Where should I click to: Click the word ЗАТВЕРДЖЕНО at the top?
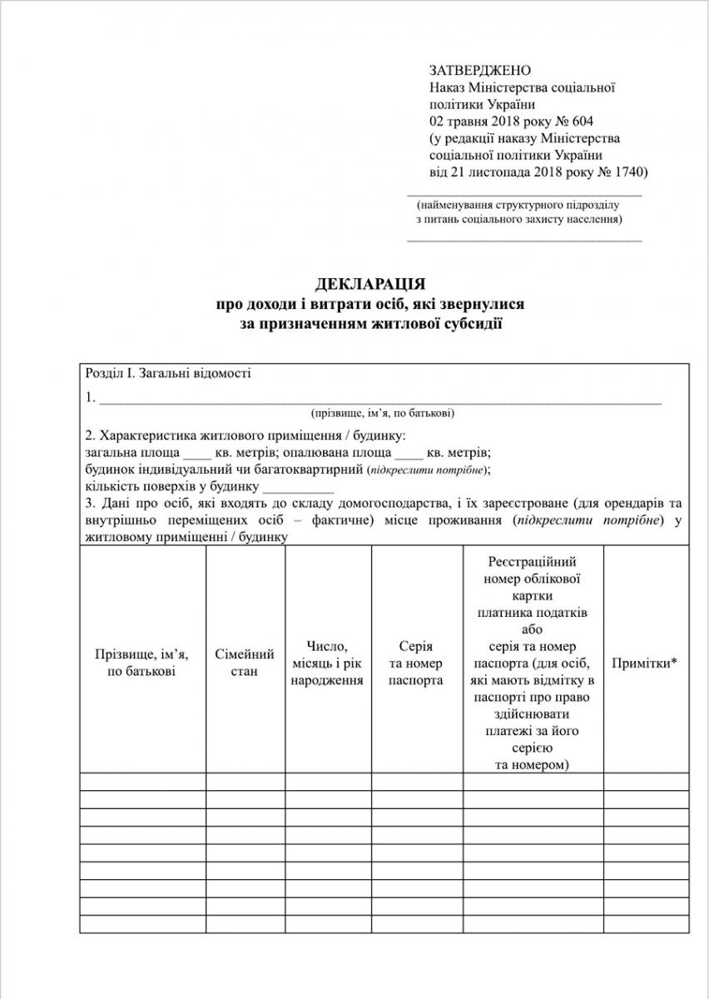pyautogui.click(x=480, y=71)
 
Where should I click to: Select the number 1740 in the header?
pyautogui.click(x=627, y=171)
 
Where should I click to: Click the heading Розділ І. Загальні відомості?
pyautogui.click(x=167, y=373)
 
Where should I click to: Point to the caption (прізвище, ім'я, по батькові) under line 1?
pyautogui.click(x=383, y=413)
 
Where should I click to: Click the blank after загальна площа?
pyautogui.click(x=197, y=453)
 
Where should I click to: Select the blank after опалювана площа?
pyautogui.click(x=409, y=453)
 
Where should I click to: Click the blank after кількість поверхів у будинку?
pyautogui.click(x=298, y=487)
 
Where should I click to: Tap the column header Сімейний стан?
pyautogui.click(x=245, y=663)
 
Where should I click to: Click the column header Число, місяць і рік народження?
pyautogui.click(x=328, y=663)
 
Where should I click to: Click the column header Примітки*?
pyautogui.click(x=645, y=664)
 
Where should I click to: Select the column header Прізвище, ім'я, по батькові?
pyautogui.click(x=142, y=663)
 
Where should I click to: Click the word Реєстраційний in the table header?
pyautogui.click(x=533, y=562)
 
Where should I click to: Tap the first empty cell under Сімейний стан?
pyautogui.click(x=245, y=781)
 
